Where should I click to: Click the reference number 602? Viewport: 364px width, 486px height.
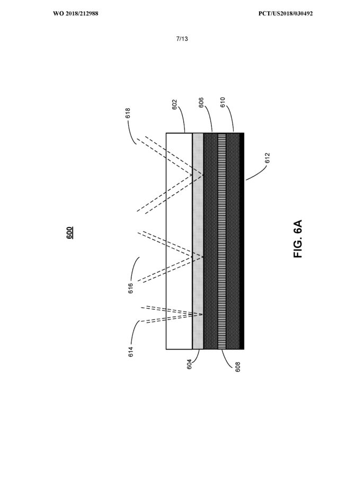pyautogui.click(x=174, y=105)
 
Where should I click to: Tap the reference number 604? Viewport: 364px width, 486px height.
pyautogui.click(x=190, y=364)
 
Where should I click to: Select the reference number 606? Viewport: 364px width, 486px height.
pyautogui.click(x=201, y=103)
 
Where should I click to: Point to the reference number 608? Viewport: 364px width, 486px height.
pyautogui.click(x=238, y=367)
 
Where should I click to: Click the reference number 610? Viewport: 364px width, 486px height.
pyautogui.click(x=223, y=102)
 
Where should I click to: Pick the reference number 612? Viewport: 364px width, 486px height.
pyautogui.click(x=268, y=158)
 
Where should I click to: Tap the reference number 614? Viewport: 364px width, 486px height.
pyautogui.click(x=131, y=352)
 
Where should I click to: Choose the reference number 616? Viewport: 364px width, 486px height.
pyautogui.click(x=131, y=289)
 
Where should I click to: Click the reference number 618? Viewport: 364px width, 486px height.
pyautogui.click(x=128, y=113)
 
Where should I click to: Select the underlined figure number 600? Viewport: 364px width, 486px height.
pyautogui.click(x=70, y=233)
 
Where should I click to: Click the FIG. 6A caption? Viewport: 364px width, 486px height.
pyautogui.click(x=298, y=239)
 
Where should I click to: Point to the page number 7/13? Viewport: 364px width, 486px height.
pyautogui.click(x=182, y=39)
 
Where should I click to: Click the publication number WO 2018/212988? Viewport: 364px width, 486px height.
pyautogui.click(x=76, y=13)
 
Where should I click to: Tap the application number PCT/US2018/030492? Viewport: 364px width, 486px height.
pyautogui.click(x=286, y=13)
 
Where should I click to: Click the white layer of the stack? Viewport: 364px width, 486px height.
pyautogui.click(x=179, y=241)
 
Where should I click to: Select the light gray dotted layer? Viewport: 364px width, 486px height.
pyautogui.click(x=198, y=241)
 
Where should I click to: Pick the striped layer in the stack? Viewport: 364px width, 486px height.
pyautogui.click(x=222, y=241)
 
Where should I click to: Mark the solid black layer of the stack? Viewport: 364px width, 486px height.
pyautogui.click(x=242, y=241)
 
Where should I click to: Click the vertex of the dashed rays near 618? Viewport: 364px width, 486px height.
pyautogui.click(x=203, y=175)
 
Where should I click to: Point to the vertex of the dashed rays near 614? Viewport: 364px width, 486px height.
pyautogui.click(x=202, y=315)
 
